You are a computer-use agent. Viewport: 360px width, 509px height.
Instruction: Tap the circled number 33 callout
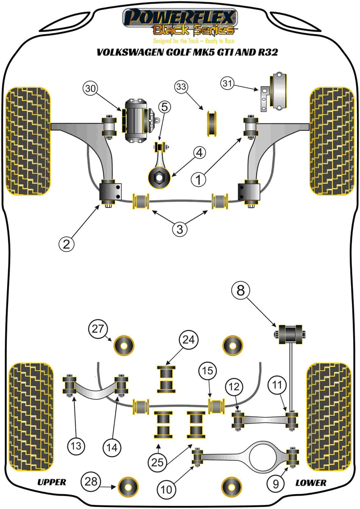(181, 86)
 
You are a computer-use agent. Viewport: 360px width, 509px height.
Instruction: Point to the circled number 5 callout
(165, 107)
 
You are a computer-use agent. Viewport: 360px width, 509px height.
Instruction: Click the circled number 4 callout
(199, 153)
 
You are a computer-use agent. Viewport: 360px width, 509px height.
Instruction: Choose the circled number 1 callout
(199, 180)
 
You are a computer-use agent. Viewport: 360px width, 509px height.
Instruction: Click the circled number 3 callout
(179, 229)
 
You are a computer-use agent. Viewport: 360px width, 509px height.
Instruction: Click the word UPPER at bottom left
(51, 482)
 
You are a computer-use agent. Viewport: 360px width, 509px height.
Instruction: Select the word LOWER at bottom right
(310, 482)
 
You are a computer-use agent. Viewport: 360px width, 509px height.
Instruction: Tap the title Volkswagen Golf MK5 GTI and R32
(180, 52)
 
